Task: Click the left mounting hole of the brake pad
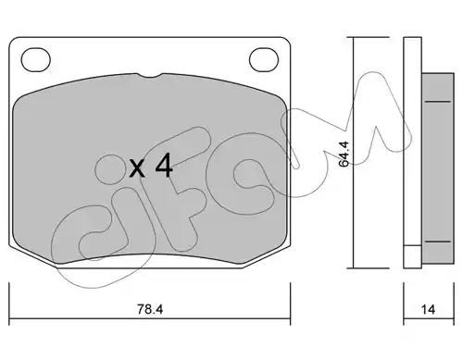click(x=36, y=60)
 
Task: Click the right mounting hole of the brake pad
click(x=264, y=60)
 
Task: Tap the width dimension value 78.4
click(x=150, y=309)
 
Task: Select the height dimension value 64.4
click(x=344, y=154)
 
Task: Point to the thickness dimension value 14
click(x=428, y=309)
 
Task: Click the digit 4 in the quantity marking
click(x=164, y=166)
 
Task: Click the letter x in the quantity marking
click(x=137, y=169)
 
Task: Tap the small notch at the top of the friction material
click(x=149, y=76)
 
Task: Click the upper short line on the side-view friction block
click(x=438, y=101)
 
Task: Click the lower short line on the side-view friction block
click(x=438, y=242)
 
